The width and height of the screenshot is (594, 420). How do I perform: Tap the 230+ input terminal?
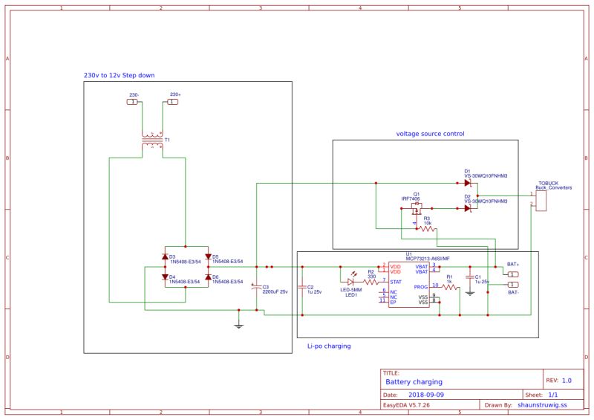click(172, 102)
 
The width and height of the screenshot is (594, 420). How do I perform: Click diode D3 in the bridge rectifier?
click(165, 257)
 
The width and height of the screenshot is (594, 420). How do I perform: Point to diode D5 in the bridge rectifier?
click(208, 257)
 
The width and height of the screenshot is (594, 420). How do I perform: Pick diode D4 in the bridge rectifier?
click(165, 277)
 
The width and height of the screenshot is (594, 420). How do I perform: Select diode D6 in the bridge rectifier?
click(208, 277)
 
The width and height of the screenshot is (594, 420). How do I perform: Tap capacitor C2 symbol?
click(302, 288)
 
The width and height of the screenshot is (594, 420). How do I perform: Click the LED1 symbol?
click(351, 282)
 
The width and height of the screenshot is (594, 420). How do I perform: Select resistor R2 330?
click(371, 282)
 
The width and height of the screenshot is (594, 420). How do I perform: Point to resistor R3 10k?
click(426, 229)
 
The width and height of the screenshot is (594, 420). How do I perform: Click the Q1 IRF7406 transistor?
click(417, 210)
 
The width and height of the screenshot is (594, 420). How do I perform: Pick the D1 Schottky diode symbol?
click(467, 182)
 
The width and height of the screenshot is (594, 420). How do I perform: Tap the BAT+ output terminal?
click(512, 274)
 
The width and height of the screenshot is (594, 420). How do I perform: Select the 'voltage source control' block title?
click(430, 134)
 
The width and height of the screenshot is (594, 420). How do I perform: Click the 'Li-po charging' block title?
click(329, 346)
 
